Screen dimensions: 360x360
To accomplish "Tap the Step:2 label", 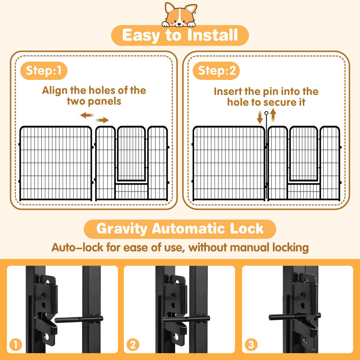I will pyautogui.click(x=216, y=71).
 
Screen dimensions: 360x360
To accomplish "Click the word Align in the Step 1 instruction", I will pyautogui.click(x=54, y=90).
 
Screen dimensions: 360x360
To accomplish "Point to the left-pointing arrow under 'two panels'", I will pyautogui.click(x=87, y=115).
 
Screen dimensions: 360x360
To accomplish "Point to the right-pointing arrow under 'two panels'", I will pyautogui.click(x=102, y=120).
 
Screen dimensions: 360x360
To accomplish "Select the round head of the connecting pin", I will pyautogui.click(x=266, y=113).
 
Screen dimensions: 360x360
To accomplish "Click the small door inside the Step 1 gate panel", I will pyautogui.click(x=131, y=154).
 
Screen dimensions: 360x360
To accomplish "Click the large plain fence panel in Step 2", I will pyautogui.click(x=229, y=163).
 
